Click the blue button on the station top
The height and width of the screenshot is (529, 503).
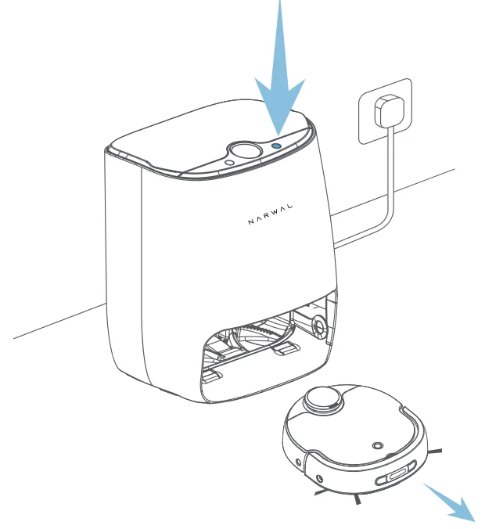point(277,146)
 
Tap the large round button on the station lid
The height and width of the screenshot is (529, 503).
point(244,151)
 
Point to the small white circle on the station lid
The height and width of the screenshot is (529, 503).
point(229,163)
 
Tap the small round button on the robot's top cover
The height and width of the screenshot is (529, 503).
point(379,444)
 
